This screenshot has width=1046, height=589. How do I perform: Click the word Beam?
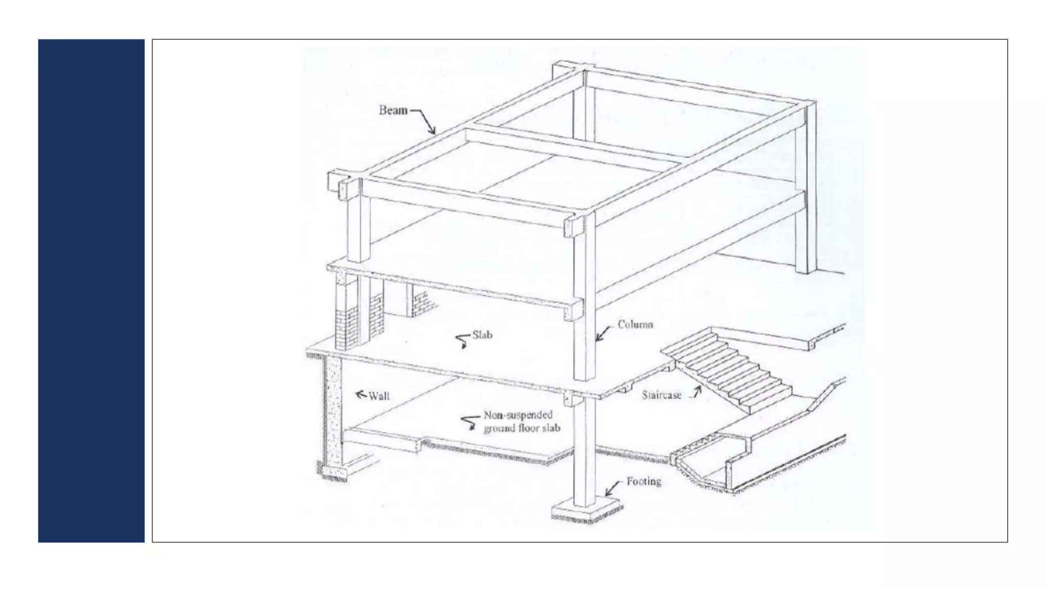(393, 110)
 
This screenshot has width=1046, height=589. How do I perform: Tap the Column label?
(635, 324)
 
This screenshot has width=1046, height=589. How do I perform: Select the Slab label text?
(482, 335)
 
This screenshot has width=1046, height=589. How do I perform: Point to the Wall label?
(379, 396)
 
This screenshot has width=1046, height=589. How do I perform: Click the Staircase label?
(661, 395)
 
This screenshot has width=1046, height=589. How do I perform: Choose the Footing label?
(644, 481)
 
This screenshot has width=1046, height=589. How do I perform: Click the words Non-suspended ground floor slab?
(521, 422)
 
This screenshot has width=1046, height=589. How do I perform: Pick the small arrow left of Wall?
(361, 394)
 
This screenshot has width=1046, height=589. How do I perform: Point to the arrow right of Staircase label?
(696, 392)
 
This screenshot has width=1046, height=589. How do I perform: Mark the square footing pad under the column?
(586, 512)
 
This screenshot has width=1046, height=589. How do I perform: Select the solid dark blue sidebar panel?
(91, 290)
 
